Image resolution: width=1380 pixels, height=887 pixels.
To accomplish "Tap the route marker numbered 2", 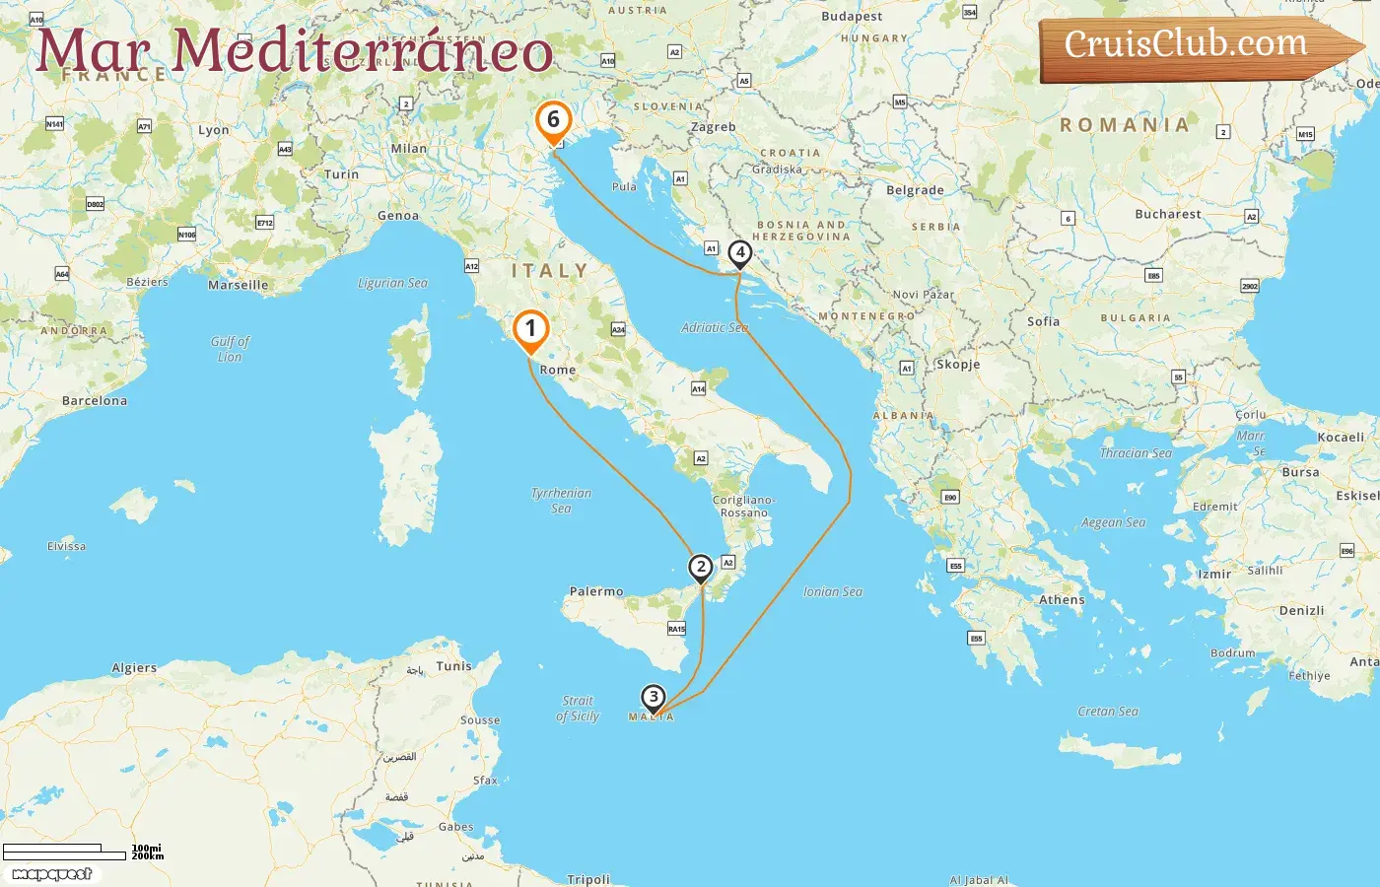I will point(701,568).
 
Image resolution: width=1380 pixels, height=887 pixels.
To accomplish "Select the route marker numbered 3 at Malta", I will point(653,698).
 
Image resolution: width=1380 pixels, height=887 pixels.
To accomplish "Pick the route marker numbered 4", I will point(740,253).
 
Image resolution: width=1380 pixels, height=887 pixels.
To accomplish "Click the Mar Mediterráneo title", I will point(294,51).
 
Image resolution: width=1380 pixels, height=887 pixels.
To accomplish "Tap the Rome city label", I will point(558,370).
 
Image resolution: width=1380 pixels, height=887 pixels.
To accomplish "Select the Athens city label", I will point(1062,599).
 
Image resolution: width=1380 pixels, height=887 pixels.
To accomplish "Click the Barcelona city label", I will point(95,401).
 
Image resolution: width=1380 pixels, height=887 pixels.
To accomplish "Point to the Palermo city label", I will point(596,591).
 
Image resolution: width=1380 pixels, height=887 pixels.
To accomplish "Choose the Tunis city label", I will point(454,666).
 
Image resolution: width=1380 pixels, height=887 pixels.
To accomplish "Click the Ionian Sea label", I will point(833,591).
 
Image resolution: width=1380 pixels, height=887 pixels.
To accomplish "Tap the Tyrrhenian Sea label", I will point(561,500).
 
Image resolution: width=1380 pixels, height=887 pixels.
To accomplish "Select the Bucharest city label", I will point(1168,214).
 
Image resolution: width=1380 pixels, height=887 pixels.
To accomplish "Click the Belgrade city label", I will point(915,190).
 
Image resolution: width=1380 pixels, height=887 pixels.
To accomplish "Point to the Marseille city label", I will point(238,285).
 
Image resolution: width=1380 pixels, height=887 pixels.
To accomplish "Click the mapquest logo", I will point(51,874).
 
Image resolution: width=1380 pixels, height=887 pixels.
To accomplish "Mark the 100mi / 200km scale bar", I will point(65,852).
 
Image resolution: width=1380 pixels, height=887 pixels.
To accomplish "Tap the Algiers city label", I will point(134,668).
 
